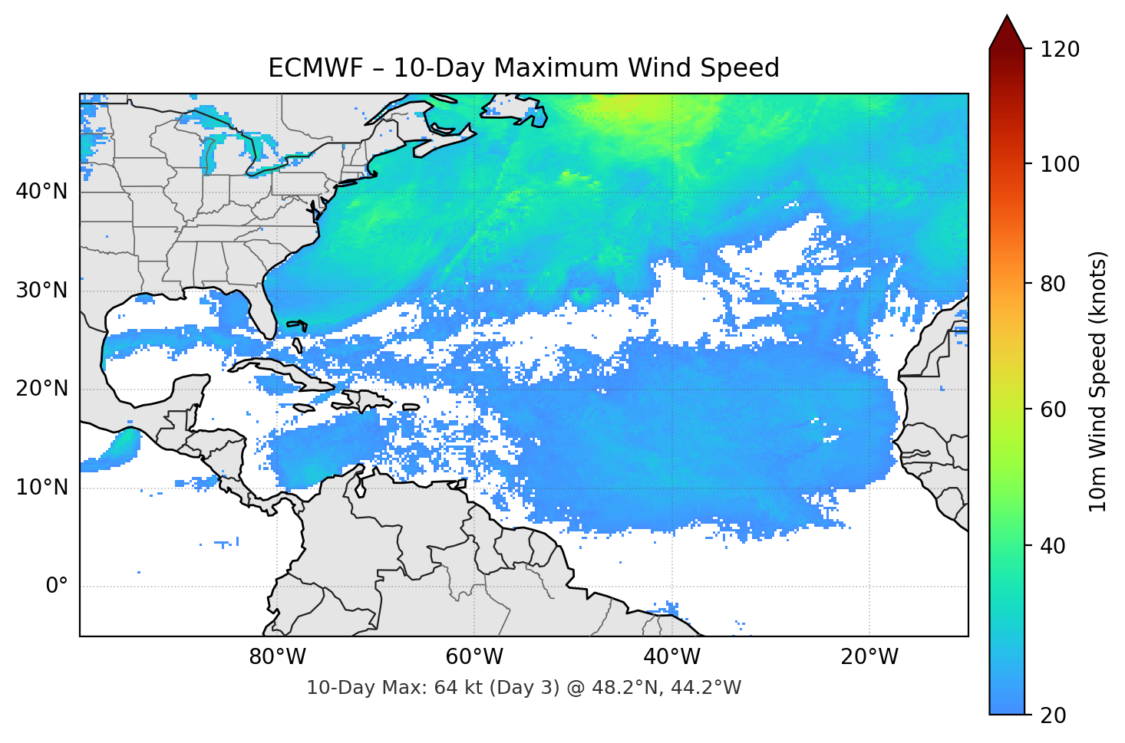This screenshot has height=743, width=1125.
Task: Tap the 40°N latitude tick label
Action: (41, 192)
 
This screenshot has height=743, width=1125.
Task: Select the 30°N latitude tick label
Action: (41, 291)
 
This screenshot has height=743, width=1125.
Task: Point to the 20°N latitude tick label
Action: (41, 389)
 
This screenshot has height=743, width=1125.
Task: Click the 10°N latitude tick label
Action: (41, 488)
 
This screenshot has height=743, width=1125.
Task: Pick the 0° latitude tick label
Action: (56, 587)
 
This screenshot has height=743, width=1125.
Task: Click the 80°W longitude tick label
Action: (277, 657)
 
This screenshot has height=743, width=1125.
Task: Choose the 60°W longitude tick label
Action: (474, 657)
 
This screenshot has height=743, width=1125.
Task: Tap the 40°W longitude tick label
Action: (672, 657)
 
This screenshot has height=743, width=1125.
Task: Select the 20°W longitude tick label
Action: (869, 657)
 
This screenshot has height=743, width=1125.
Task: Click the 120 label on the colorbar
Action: (1061, 49)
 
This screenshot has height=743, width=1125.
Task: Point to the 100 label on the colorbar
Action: (1061, 164)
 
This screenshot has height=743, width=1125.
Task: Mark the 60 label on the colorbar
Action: (1054, 409)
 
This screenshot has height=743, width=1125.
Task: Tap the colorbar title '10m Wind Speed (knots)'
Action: (1098, 381)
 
